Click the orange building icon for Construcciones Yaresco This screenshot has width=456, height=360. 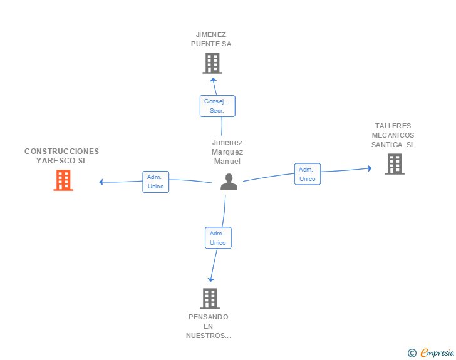click(x=63, y=180)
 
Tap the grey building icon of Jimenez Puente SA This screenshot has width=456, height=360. click(x=212, y=63)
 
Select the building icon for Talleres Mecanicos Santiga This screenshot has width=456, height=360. click(x=394, y=164)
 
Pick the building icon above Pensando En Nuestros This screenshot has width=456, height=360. click(x=210, y=299)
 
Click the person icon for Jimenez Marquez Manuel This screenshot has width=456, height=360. click(x=229, y=182)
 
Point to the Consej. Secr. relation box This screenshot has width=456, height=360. click(x=217, y=106)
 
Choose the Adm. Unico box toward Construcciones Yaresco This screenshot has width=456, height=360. click(x=155, y=182)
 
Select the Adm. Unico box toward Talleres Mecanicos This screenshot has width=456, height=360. click(x=307, y=174)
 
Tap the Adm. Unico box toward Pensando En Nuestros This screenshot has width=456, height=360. click(x=218, y=238)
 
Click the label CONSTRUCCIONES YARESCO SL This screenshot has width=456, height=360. click(x=61, y=156)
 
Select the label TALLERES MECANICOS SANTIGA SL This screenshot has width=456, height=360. click(x=393, y=135)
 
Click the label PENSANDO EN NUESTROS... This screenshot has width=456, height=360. click(x=209, y=326)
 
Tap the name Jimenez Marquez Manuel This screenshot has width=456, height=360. click(x=227, y=152)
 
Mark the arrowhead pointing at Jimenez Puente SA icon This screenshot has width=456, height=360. click(x=213, y=80)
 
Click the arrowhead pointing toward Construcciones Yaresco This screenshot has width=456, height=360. click(x=101, y=182)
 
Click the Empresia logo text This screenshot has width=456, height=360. click(x=437, y=352)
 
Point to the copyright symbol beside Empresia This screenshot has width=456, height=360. click(x=412, y=353)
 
